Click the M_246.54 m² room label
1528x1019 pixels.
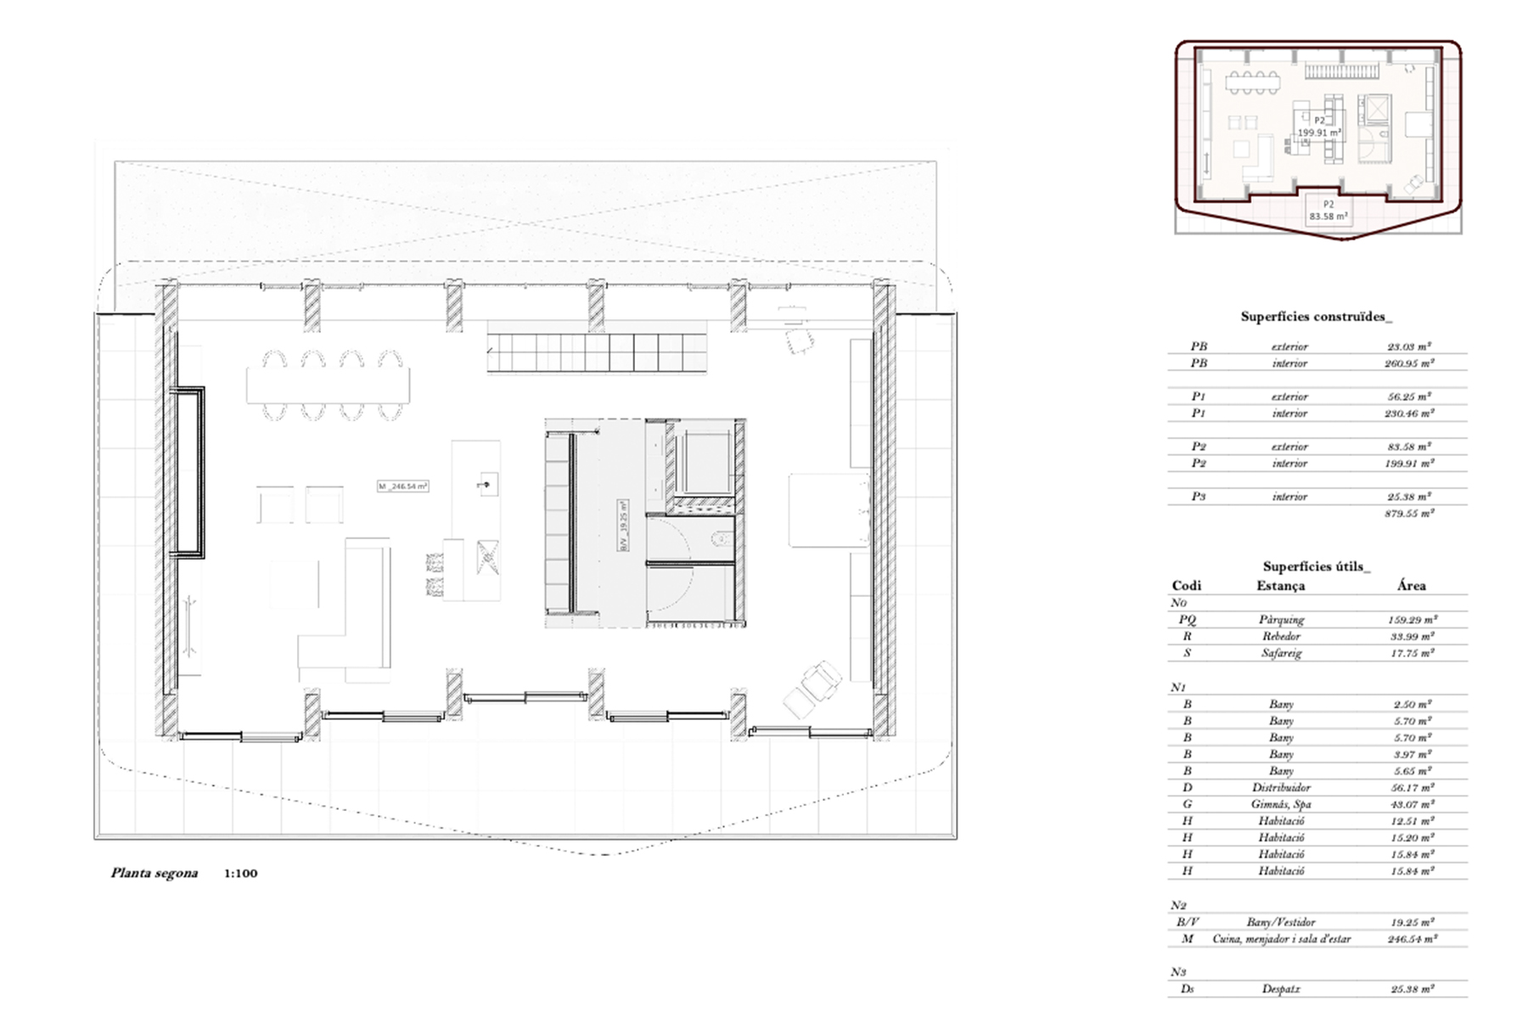point(402,487)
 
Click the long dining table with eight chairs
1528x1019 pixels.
point(328,385)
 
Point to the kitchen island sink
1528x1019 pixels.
point(487,485)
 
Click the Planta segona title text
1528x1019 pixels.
point(154,873)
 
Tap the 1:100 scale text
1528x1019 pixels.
point(240,873)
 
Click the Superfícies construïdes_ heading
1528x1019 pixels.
point(1316,317)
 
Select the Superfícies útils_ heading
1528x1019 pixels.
point(1316,566)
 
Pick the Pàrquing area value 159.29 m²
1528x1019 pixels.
point(1410,620)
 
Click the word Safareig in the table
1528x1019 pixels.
point(1281,653)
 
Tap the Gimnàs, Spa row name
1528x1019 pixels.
point(1281,804)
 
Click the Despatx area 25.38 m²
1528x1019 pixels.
point(1410,988)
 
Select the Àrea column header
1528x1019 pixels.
point(1411,585)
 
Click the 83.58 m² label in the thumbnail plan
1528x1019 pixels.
point(1329,217)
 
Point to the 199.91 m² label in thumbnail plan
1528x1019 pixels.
point(1319,132)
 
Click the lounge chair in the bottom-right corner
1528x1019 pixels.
point(812,690)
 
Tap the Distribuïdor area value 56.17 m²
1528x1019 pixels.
point(1410,787)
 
